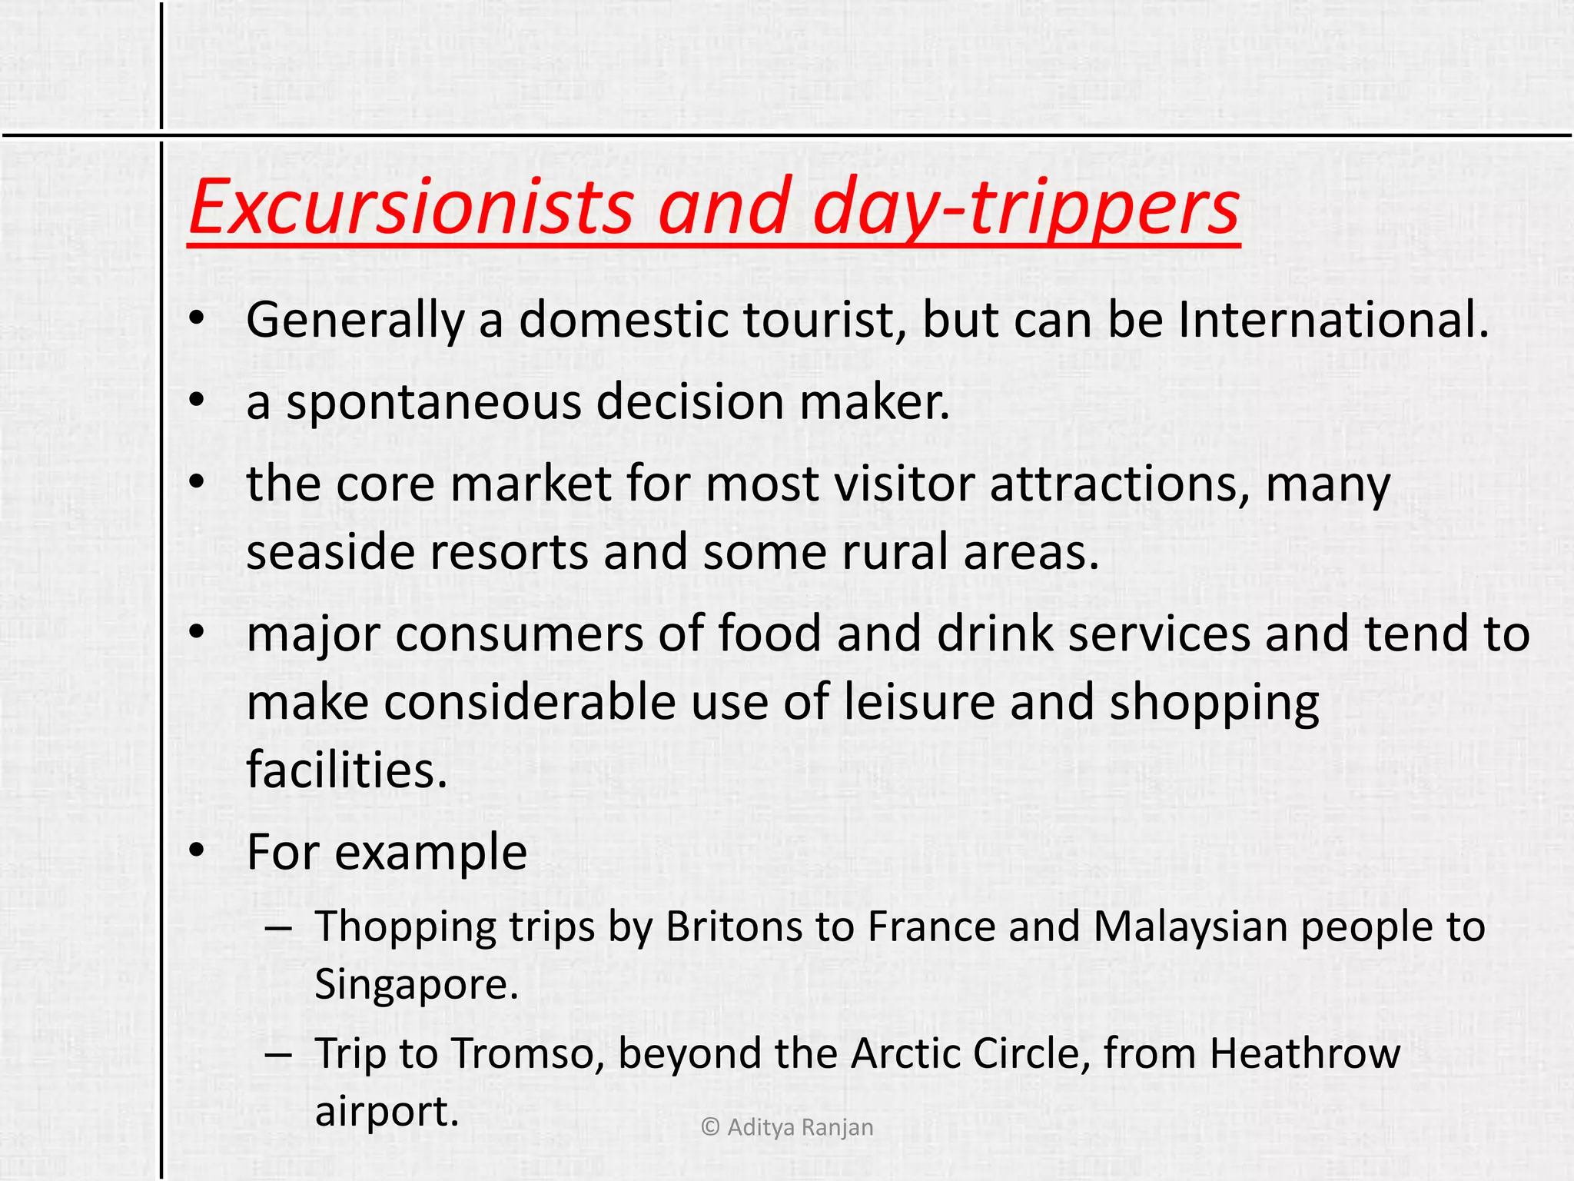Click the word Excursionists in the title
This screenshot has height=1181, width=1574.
[411, 206]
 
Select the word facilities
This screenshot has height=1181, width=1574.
[346, 770]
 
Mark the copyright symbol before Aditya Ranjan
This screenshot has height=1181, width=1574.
[710, 1127]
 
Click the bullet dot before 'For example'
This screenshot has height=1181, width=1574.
[198, 850]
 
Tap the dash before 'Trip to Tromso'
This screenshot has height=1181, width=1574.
[277, 1053]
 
